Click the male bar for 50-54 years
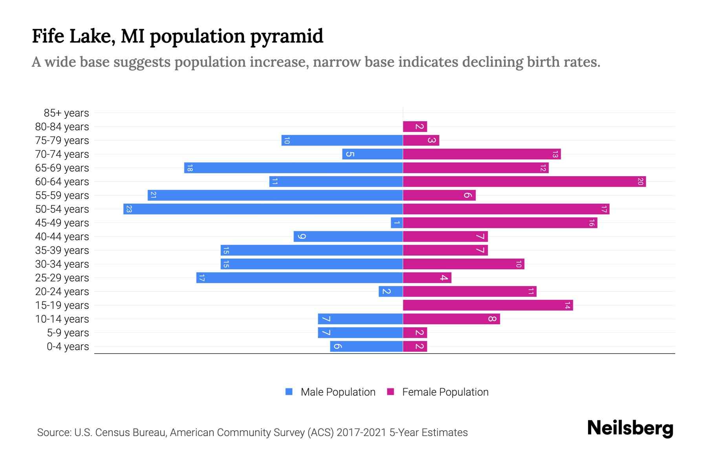point(263,209)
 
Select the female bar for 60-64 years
point(524,182)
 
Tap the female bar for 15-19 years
point(488,305)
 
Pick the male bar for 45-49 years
point(397,223)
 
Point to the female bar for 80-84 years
point(415,127)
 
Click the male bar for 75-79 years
point(342,141)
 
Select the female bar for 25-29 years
point(427,278)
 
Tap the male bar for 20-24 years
point(391,292)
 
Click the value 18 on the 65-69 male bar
point(190,168)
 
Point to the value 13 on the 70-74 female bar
point(555,154)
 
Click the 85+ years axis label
point(66,113)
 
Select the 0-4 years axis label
point(68,347)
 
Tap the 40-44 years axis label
point(62,237)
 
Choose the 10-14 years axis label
point(62,319)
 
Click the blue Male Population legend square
point(289,392)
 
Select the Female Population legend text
point(445,392)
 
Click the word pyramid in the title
point(286,37)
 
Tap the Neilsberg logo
point(630,428)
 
